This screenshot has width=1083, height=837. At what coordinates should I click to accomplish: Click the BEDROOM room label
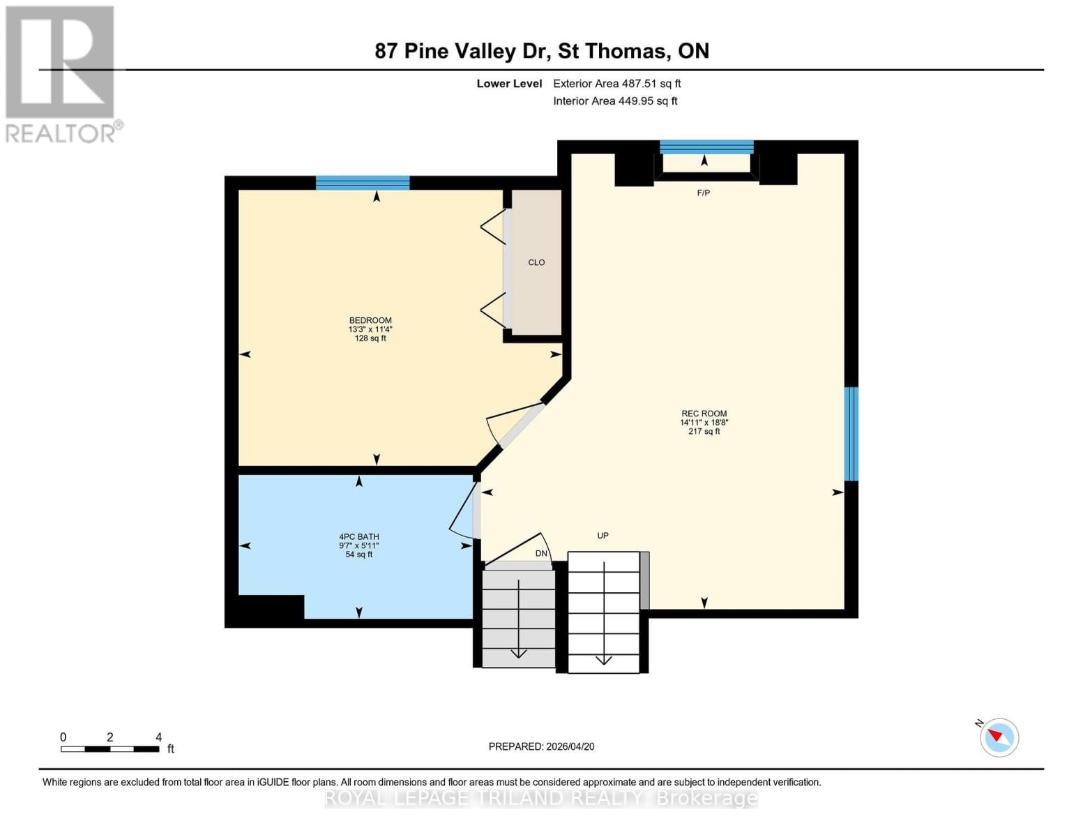click(x=370, y=320)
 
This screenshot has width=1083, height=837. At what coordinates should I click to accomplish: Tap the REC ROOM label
click(x=704, y=414)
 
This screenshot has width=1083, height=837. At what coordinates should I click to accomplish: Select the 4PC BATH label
click(x=359, y=537)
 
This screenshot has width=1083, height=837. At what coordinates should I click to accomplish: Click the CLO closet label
click(x=536, y=262)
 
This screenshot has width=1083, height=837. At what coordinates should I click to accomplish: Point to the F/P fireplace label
click(x=704, y=193)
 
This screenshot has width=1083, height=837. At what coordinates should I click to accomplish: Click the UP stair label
click(x=603, y=536)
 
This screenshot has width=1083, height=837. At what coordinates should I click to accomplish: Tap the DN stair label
click(x=541, y=553)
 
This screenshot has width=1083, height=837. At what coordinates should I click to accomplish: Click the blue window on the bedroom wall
click(x=363, y=183)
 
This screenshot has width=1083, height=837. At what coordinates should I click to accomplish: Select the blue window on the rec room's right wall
click(x=851, y=434)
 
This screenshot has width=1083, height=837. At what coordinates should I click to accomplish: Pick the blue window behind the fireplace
click(x=706, y=146)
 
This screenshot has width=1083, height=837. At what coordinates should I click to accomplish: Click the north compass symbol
click(x=999, y=737)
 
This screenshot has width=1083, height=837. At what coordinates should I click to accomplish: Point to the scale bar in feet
click(x=109, y=748)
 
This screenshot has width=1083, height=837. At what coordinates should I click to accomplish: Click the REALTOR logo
click(x=61, y=73)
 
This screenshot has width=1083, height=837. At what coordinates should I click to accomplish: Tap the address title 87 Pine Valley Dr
click(x=542, y=51)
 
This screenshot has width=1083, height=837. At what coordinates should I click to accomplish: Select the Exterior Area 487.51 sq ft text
click(x=616, y=84)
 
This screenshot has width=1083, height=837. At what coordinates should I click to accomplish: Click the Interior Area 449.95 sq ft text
click(x=615, y=101)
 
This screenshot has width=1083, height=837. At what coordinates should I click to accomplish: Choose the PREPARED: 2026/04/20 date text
click(x=541, y=746)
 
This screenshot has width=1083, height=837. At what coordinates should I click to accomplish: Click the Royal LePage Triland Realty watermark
click(x=541, y=798)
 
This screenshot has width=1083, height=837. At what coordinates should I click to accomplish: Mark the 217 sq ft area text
click(x=704, y=432)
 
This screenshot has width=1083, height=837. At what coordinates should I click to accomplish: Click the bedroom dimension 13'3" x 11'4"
click(x=370, y=329)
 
